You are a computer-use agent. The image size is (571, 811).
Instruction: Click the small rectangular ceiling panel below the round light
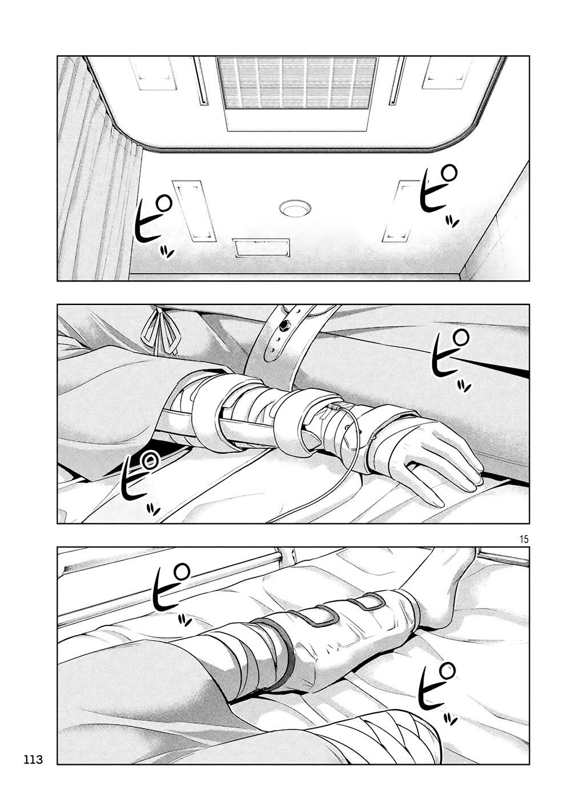[262, 248]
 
